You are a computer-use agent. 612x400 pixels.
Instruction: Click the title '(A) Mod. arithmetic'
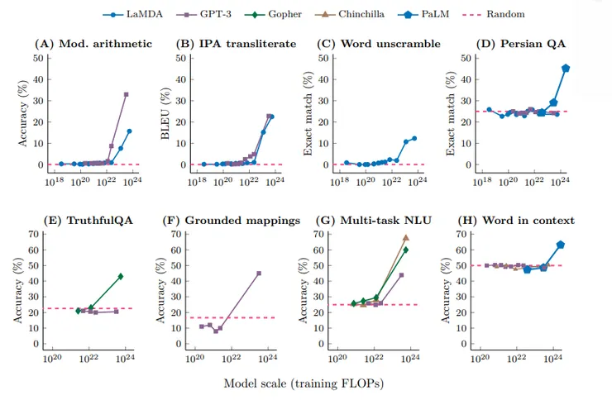tap(92, 43)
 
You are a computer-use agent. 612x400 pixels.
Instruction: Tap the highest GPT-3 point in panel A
tap(126, 94)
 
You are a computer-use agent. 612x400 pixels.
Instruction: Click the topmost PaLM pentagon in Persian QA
tap(566, 68)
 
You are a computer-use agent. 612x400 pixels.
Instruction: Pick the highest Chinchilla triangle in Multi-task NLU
tap(406, 237)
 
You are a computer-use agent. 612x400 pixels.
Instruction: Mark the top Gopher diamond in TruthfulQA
tap(121, 276)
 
